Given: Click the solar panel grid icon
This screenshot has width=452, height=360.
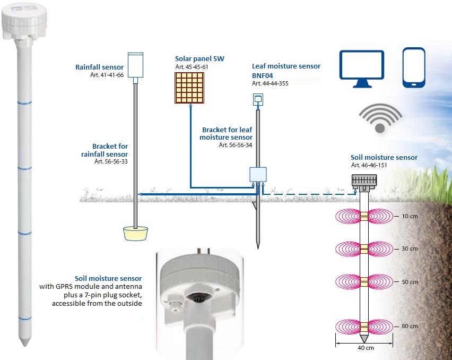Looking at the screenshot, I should (x=189, y=87).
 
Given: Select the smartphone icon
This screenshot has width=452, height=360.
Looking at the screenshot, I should (x=414, y=67).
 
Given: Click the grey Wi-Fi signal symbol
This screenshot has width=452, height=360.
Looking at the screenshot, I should (x=380, y=118).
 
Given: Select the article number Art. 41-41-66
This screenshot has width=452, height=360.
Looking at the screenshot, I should (x=107, y=75).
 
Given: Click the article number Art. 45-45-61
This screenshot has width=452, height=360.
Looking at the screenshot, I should (x=192, y=66).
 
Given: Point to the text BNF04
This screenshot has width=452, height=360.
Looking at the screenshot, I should (x=262, y=76).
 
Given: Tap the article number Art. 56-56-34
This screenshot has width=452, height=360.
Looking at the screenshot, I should (x=235, y=145).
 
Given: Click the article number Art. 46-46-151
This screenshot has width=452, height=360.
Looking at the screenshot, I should (x=369, y=165).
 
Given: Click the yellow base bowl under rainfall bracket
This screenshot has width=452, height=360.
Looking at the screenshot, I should (x=135, y=233).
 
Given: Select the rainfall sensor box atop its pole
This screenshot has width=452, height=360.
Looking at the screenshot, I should (x=136, y=65).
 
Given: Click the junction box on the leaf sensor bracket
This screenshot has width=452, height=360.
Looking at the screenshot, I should (x=258, y=175).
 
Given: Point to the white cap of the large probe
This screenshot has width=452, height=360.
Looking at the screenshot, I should (x=25, y=21).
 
